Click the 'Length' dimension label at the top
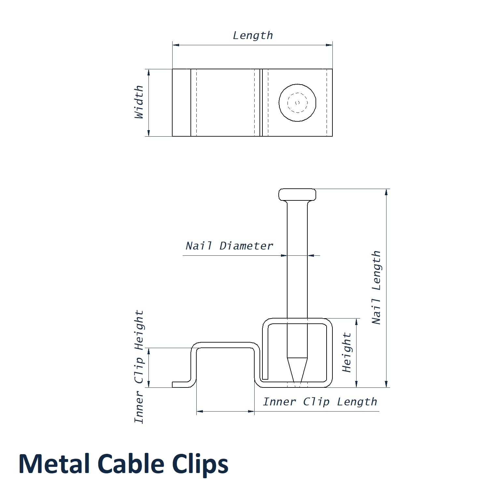[x=253, y=35]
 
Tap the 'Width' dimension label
[x=139, y=102]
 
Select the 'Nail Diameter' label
[x=229, y=246]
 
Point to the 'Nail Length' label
[x=376, y=287]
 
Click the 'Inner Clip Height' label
[x=139, y=366]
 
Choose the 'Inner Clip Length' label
[x=320, y=402]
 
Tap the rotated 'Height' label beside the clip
[x=347, y=352]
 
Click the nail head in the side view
[x=297, y=195]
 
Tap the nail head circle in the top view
[x=297, y=103]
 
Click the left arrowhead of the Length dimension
[x=176, y=45]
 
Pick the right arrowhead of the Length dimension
[x=329, y=45]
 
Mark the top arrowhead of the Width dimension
[x=149, y=72]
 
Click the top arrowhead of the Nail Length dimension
[x=386, y=192]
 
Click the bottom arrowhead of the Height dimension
[x=357, y=384]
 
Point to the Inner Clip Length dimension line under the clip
[x=225, y=412]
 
